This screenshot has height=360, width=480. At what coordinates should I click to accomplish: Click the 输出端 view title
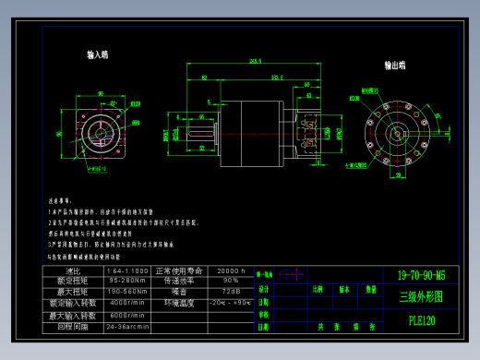(x=398, y=66)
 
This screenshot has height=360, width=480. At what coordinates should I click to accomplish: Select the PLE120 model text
(x=422, y=320)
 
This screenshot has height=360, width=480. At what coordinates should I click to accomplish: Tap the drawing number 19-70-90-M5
(x=421, y=275)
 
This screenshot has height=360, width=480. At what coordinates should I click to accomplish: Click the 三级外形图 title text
(x=421, y=297)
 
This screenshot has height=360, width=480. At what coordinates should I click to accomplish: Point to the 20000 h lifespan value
(x=232, y=270)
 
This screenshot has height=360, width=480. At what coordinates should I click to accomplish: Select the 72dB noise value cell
(x=232, y=291)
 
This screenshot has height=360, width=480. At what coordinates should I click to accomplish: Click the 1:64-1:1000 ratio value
(x=128, y=270)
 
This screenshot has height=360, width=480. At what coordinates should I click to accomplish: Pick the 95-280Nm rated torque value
(x=128, y=280)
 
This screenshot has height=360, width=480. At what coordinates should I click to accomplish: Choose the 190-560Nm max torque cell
(x=128, y=291)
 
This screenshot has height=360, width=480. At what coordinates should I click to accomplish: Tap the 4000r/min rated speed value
(x=128, y=302)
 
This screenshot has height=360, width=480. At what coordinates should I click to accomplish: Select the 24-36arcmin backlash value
(x=128, y=326)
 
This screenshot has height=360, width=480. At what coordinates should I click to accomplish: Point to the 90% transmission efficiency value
(x=232, y=280)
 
